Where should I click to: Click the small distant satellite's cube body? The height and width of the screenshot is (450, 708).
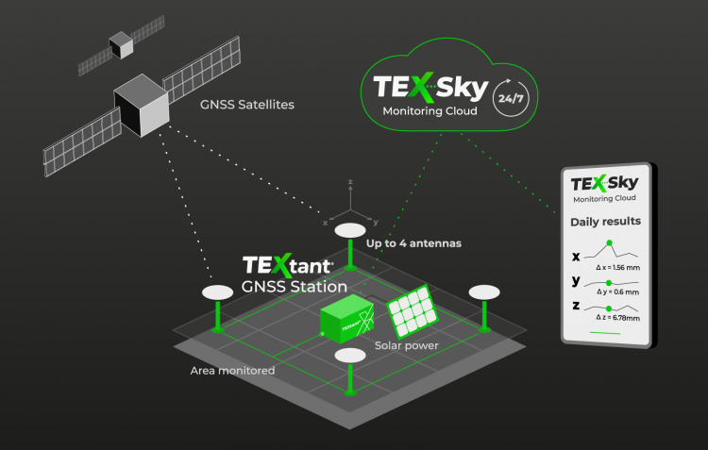point(121,43)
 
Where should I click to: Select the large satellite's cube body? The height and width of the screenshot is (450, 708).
point(141,106)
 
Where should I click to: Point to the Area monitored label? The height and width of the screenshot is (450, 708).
point(232,371)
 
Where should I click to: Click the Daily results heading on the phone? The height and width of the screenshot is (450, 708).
point(605,222)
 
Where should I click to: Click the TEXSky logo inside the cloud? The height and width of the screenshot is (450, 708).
point(430,89)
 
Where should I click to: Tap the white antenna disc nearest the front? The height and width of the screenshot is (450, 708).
point(350,355)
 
